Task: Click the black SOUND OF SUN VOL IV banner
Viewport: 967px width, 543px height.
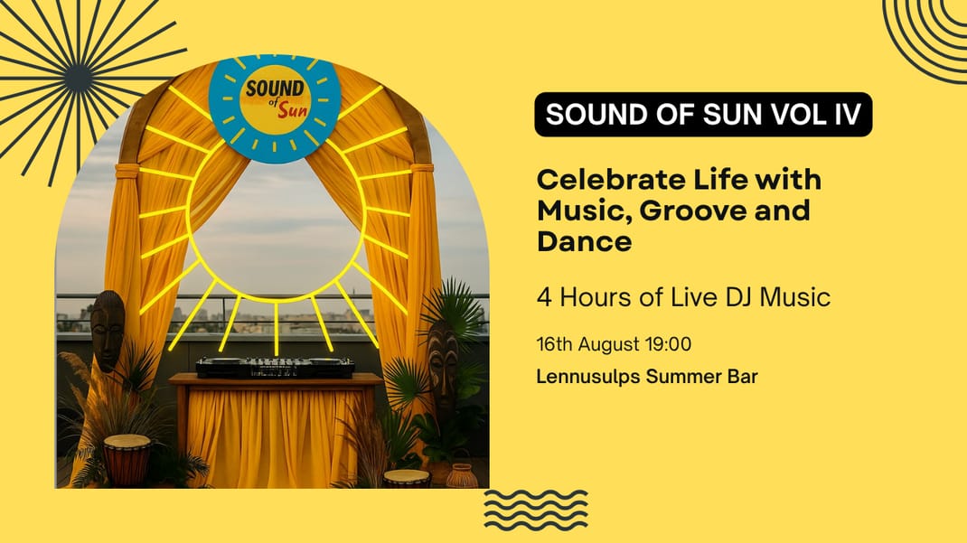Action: pos(703,114)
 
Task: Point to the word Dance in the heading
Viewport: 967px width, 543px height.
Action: pos(584,240)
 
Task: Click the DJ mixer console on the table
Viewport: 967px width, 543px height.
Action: pos(275,367)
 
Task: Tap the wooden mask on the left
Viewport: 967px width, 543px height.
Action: pos(108,330)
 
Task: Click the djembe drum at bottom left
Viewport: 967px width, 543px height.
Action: pos(127,460)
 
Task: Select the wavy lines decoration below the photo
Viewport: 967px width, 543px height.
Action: pos(535,510)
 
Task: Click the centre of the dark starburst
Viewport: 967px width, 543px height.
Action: pos(80,79)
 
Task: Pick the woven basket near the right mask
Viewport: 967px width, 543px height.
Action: pos(462,476)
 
